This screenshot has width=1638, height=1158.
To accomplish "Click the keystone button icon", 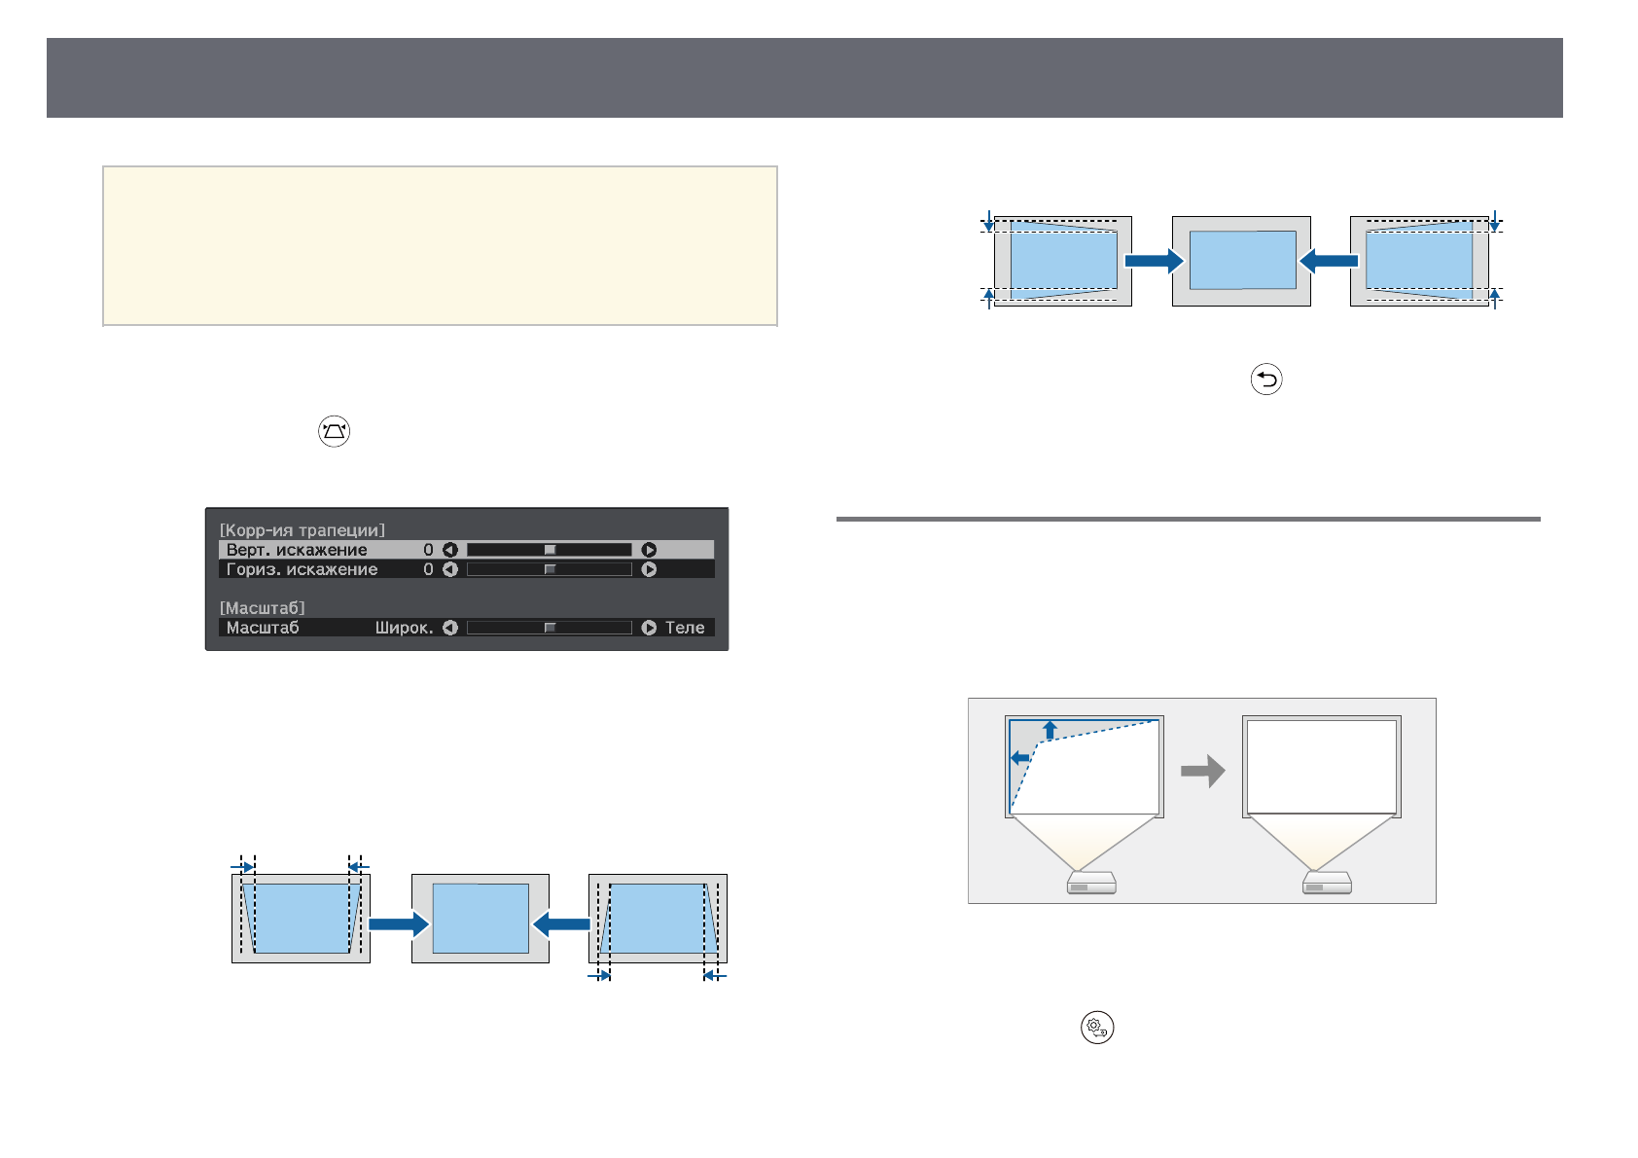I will pyautogui.click(x=334, y=431).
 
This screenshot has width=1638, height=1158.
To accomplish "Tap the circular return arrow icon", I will pyautogui.click(x=1265, y=379).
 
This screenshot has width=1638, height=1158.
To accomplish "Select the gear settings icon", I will pyautogui.click(x=1096, y=1028).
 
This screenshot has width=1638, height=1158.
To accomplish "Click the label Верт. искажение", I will pyautogui.click(x=297, y=550).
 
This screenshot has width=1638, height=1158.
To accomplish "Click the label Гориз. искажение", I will pyautogui.click(x=302, y=569).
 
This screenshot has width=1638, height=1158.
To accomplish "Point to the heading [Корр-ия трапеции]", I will pyautogui.click(x=302, y=530).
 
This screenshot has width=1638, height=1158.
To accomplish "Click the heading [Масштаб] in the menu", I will pyautogui.click(x=262, y=608).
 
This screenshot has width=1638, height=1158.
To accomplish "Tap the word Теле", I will pyautogui.click(x=685, y=628).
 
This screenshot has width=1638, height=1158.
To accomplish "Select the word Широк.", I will pyautogui.click(x=404, y=628).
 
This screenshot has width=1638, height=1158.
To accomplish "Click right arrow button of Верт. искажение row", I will pyautogui.click(x=649, y=550).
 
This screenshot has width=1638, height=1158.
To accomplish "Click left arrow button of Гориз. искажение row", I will pyautogui.click(x=449, y=569).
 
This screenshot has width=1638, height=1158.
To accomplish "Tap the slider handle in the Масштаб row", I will pyautogui.click(x=550, y=628).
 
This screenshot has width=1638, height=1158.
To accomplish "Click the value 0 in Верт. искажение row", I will pyautogui.click(x=428, y=550).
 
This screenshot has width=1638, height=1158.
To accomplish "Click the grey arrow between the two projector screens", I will pyautogui.click(x=1202, y=771).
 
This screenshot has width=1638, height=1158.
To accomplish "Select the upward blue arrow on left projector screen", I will pyautogui.click(x=1050, y=730).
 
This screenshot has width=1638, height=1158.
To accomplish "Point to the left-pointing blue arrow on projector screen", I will pyautogui.click(x=1020, y=757).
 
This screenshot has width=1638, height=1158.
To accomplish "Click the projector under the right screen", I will pyautogui.click(x=1327, y=883).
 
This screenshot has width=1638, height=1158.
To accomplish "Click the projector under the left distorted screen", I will pyautogui.click(x=1090, y=883).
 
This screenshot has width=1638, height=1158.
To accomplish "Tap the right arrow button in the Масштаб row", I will pyautogui.click(x=649, y=628).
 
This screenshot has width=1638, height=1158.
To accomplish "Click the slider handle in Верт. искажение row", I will pyautogui.click(x=550, y=550).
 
